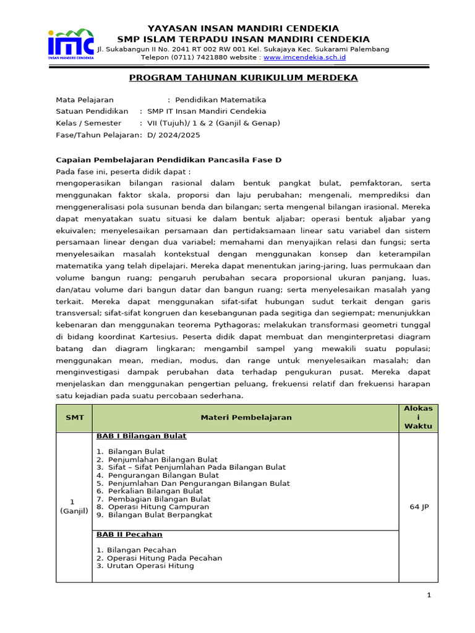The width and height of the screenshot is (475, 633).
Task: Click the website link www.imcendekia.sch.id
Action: [304, 57]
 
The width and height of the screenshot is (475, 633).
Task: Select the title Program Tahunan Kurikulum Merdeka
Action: [243, 78]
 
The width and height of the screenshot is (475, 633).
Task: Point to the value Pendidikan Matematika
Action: [220, 100]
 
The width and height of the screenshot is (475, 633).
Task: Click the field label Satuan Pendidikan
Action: [92, 111]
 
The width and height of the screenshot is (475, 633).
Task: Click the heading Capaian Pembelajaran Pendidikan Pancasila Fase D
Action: [168, 159]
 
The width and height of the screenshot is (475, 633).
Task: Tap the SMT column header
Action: [74, 417]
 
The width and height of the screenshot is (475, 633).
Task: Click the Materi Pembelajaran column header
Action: [246, 417]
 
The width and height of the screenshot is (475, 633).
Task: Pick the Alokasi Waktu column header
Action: [418, 417]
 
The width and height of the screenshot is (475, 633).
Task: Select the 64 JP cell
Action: [419, 507]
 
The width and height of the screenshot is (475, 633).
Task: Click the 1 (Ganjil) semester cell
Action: [74, 507]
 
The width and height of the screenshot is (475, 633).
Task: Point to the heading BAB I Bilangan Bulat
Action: [141, 436]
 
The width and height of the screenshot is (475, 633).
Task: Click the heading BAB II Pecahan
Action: [129, 534]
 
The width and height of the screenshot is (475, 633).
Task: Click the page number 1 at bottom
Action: [428, 595]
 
